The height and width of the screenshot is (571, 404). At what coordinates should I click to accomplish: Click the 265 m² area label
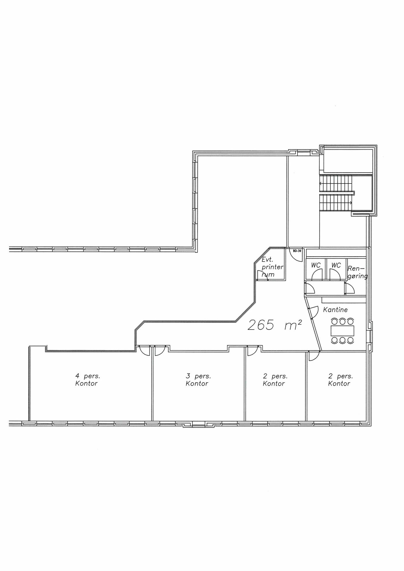click(275, 325)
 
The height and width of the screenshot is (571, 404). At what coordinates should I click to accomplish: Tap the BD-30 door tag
click(297, 251)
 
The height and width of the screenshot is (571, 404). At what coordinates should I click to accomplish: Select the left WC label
click(316, 265)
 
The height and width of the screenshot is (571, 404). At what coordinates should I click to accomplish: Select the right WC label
click(336, 265)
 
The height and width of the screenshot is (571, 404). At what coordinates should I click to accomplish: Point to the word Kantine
click(335, 310)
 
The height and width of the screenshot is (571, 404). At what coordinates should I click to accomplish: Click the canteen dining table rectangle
click(343, 331)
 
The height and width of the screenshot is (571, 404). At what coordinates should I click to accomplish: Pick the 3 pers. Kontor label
click(198, 380)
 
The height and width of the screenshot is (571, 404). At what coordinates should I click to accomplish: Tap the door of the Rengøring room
click(349, 289)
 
